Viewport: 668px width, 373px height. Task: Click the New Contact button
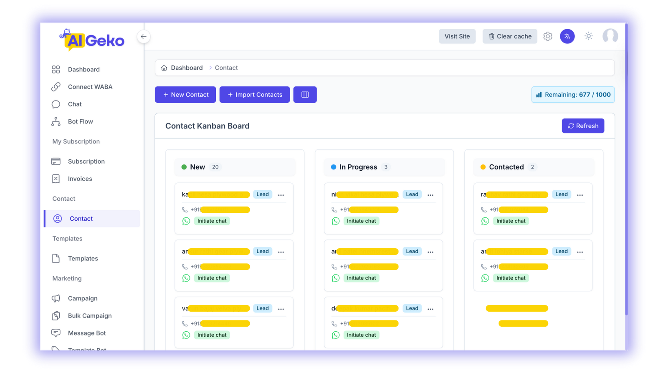185,95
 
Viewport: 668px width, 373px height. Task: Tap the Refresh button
583,126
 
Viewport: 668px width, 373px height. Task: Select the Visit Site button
457,36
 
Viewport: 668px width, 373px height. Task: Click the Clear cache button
510,36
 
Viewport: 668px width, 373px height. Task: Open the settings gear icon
548,36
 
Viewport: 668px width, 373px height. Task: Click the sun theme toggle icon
589,36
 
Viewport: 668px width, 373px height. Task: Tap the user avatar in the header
610,36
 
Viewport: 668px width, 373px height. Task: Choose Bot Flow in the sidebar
80,121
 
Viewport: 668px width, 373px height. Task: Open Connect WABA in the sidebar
90,87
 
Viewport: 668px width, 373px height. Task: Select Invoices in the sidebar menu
80,179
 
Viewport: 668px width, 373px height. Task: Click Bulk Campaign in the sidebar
89,316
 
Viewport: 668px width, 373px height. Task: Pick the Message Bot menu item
86,333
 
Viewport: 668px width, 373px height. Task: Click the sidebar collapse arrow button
144,37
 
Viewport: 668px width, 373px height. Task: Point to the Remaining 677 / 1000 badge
573,95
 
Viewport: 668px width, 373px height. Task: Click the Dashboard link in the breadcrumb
186,68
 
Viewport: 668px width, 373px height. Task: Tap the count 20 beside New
215,167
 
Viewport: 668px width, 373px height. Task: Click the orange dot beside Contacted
483,167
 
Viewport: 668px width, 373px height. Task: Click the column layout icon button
305,95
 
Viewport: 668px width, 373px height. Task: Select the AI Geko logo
93,40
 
